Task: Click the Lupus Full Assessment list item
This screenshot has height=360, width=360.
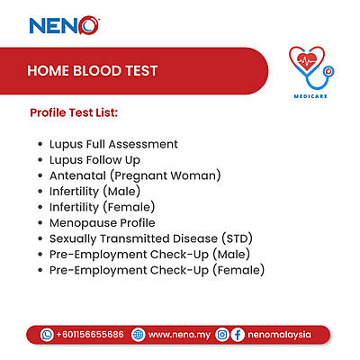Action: click(113, 144)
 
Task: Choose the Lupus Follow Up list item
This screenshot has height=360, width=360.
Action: click(96, 159)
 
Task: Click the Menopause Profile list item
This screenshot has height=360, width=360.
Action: click(102, 222)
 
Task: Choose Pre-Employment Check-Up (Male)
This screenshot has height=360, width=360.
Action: click(151, 254)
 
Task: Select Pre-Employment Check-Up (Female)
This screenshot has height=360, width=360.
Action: click(157, 270)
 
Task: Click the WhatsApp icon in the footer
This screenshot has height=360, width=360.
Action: click(47, 334)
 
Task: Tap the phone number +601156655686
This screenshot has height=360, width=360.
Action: click(89, 334)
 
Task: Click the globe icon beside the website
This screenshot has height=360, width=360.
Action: click(138, 334)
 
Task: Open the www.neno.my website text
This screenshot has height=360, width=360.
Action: click(178, 334)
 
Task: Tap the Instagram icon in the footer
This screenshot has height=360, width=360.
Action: click(222, 334)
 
